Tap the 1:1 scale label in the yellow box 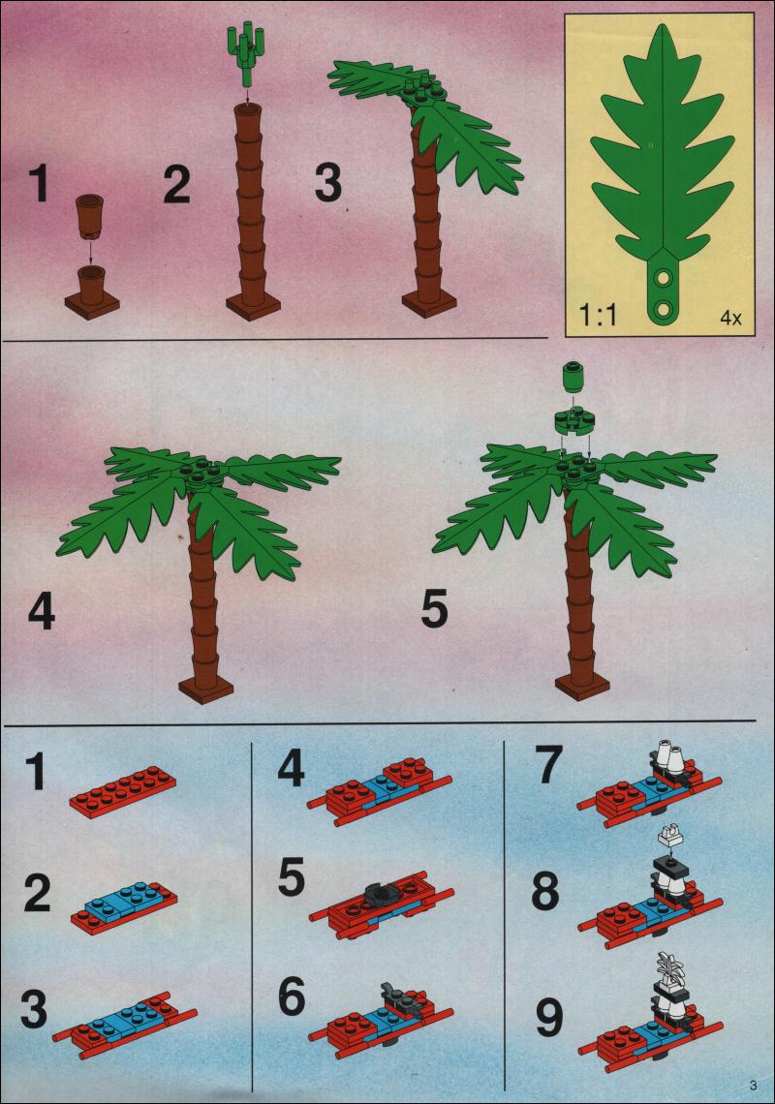[x=598, y=314]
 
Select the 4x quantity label [x=730, y=318]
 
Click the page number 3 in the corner [x=753, y=1085]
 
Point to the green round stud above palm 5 [x=573, y=376]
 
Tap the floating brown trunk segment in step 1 [x=89, y=215]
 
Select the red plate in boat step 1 [x=123, y=793]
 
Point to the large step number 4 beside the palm [x=42, y=611]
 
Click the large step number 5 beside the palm [x=434, y=609]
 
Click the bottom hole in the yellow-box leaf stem [x=663, y=308]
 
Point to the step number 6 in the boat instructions [x=291, y=997]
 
